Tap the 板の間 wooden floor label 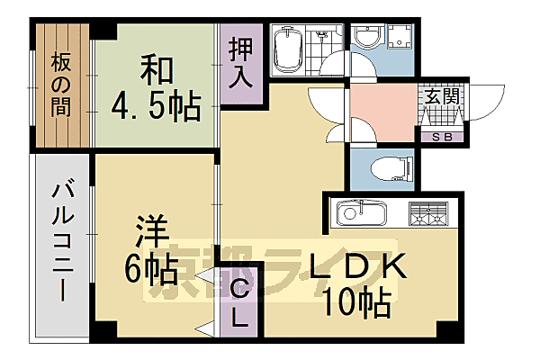[x=61, y=86]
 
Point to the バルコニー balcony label [x=62, y=243]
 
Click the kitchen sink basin [x=361, y=215]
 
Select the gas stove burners [x=428, y=215]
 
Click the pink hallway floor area [x=382, y=112]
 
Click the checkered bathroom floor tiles [x=323, y=40]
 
